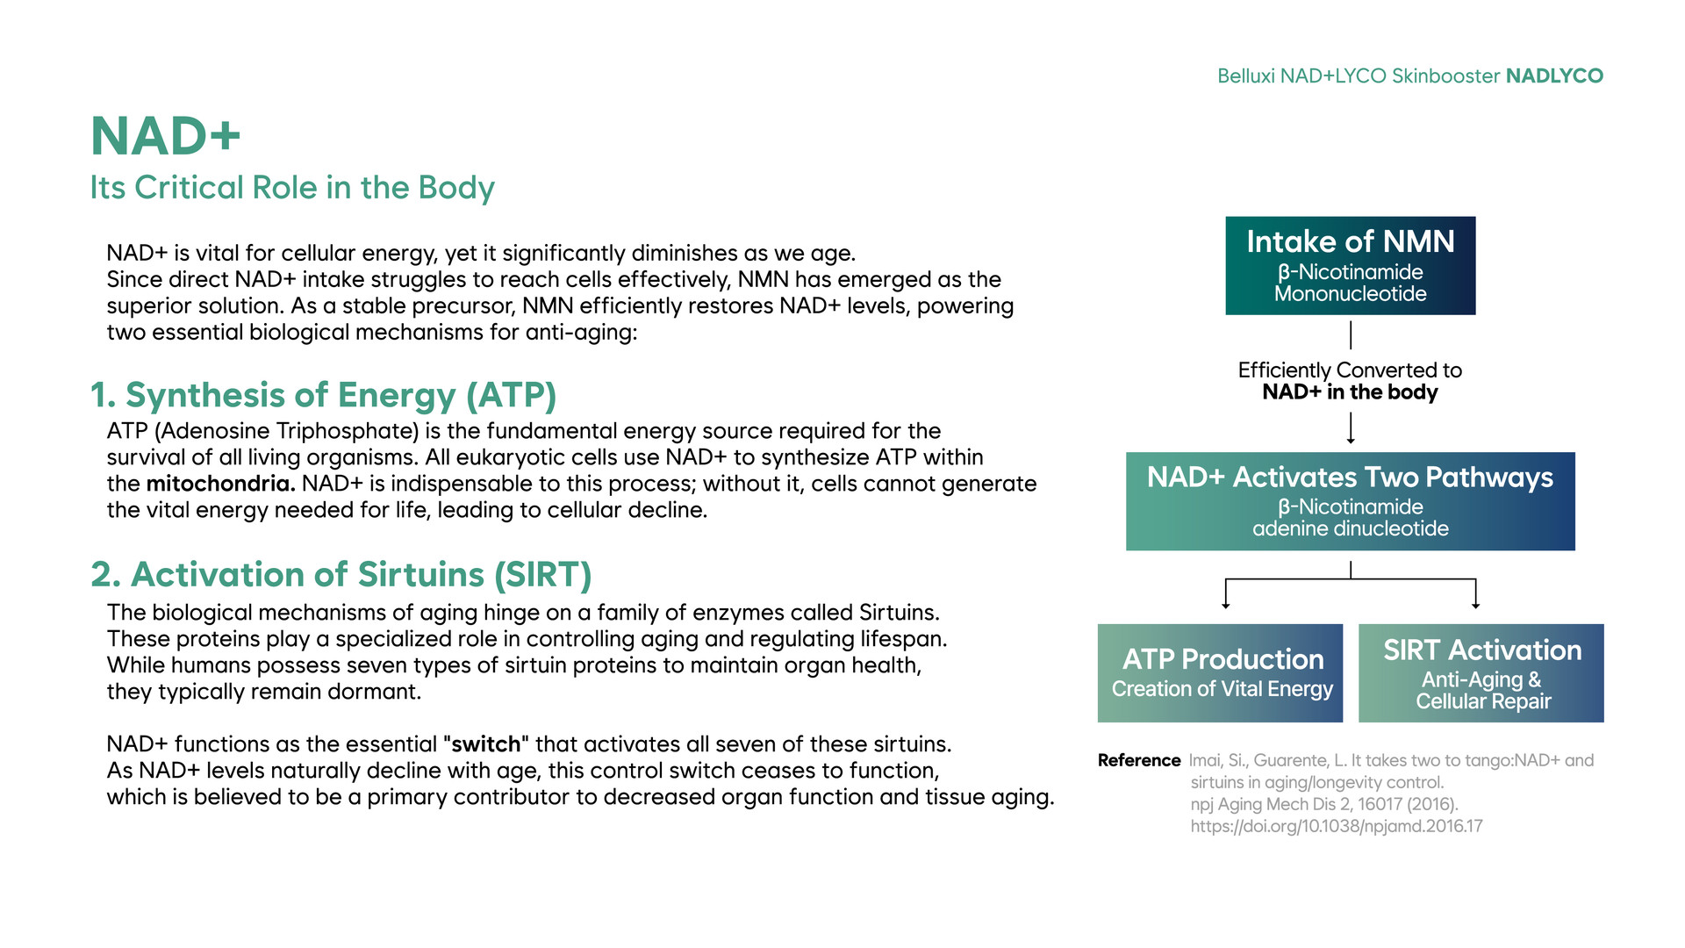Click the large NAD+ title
click(165, 136)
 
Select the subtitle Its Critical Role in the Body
click(292, 188)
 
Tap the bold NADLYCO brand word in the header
click(1554, 76)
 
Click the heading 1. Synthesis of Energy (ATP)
click(324, 395)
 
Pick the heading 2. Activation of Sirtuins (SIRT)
click(341, 574)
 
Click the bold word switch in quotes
click(486, 744)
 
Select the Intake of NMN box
click(1351, 266)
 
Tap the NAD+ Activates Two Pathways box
click(1351, 501)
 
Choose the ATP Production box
click(1221, 673)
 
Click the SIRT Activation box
click(1481, 673)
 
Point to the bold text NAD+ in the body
click(1350, 392)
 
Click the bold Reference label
click(1139, 760)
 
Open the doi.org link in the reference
click(1337, 826)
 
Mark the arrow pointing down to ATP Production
click(1226, 594)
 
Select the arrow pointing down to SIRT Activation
click(1476, 594)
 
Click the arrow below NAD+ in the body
click(1351, 427)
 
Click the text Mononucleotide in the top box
click(1351, 294)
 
